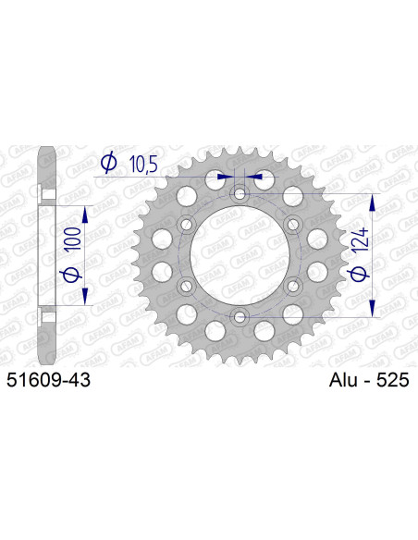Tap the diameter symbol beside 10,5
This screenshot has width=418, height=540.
click(107, 163)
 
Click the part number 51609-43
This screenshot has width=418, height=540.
click(48, 379)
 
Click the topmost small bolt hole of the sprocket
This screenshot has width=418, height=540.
click(240, 194)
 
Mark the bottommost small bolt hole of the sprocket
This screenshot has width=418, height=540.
click(240, 317)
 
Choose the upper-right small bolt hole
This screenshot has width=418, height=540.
click(293, 225)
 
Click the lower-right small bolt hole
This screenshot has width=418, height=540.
click(293, 287)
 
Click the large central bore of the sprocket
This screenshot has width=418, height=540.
click(240, 256)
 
